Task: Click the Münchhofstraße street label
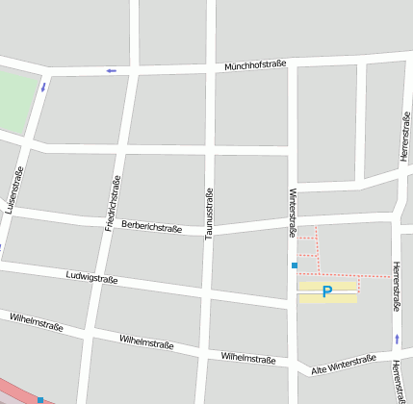coord(257,66)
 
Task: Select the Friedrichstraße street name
coord(113,204)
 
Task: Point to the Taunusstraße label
coord(209,213)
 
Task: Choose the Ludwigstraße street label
coord(91,278)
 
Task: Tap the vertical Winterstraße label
coord(293,213)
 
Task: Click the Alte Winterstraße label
coord(344,365)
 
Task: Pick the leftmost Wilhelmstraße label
coord(36,321)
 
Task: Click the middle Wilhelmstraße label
coord(146,341)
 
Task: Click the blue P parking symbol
coord(327,291)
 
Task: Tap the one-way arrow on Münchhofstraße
coord(112,70)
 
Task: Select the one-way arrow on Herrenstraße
coord(397,339)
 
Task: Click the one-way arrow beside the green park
coord(43,87)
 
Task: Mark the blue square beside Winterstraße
coord(295,265)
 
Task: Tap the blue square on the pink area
coord(40,399)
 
